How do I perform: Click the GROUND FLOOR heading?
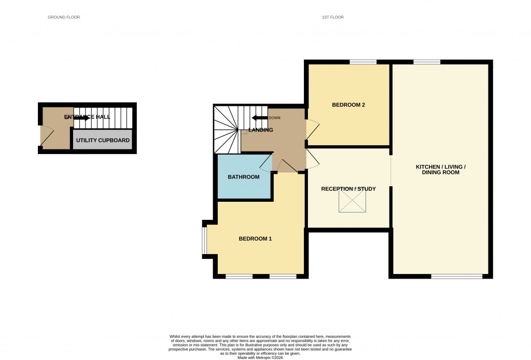(x=64, y=17)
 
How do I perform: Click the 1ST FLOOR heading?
(x=332, y=17)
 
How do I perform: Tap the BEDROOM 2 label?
(x=348, y=105)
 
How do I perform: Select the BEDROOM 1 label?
(x=255, y=239)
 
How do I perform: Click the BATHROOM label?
(x=244, y=177)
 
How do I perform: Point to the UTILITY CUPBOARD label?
(x=103, y=141)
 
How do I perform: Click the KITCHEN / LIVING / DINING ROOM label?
(x=441, y=170)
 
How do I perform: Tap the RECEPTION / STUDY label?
(x=348, y=189)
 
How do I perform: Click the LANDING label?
(x=261, y=130)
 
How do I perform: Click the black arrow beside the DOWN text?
(x=260, y=118)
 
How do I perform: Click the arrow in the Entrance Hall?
(x=81, y=118)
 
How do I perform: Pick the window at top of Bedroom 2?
(x=362, y=62)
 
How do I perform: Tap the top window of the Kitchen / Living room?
(x=427, y=62)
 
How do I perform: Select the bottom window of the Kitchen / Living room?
(x=456, y=276)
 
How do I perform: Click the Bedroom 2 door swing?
(x=313, y=130)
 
